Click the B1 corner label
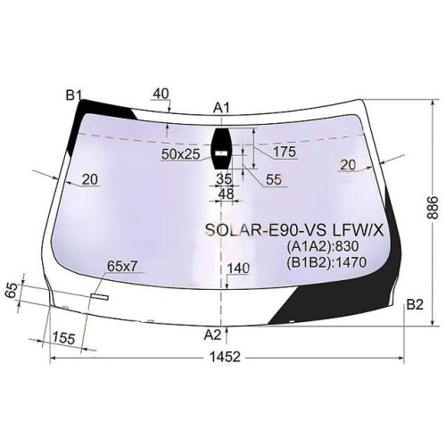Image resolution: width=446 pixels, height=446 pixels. pos(73,95)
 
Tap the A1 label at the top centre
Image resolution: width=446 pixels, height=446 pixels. pos(221,108)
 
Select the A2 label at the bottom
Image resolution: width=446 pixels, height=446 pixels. pos(212,335)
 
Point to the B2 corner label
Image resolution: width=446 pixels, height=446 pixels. pos(415,304)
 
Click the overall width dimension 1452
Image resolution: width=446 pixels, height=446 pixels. pos(225,357)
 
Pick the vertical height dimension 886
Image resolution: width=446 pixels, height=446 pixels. pos(433,207)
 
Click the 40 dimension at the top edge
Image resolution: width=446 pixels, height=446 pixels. pos(161,94)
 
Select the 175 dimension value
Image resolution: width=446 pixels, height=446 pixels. pos(285,152)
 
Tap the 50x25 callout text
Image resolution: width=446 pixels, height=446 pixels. pos(180,153)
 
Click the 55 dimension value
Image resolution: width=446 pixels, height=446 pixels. pos(274,179)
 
